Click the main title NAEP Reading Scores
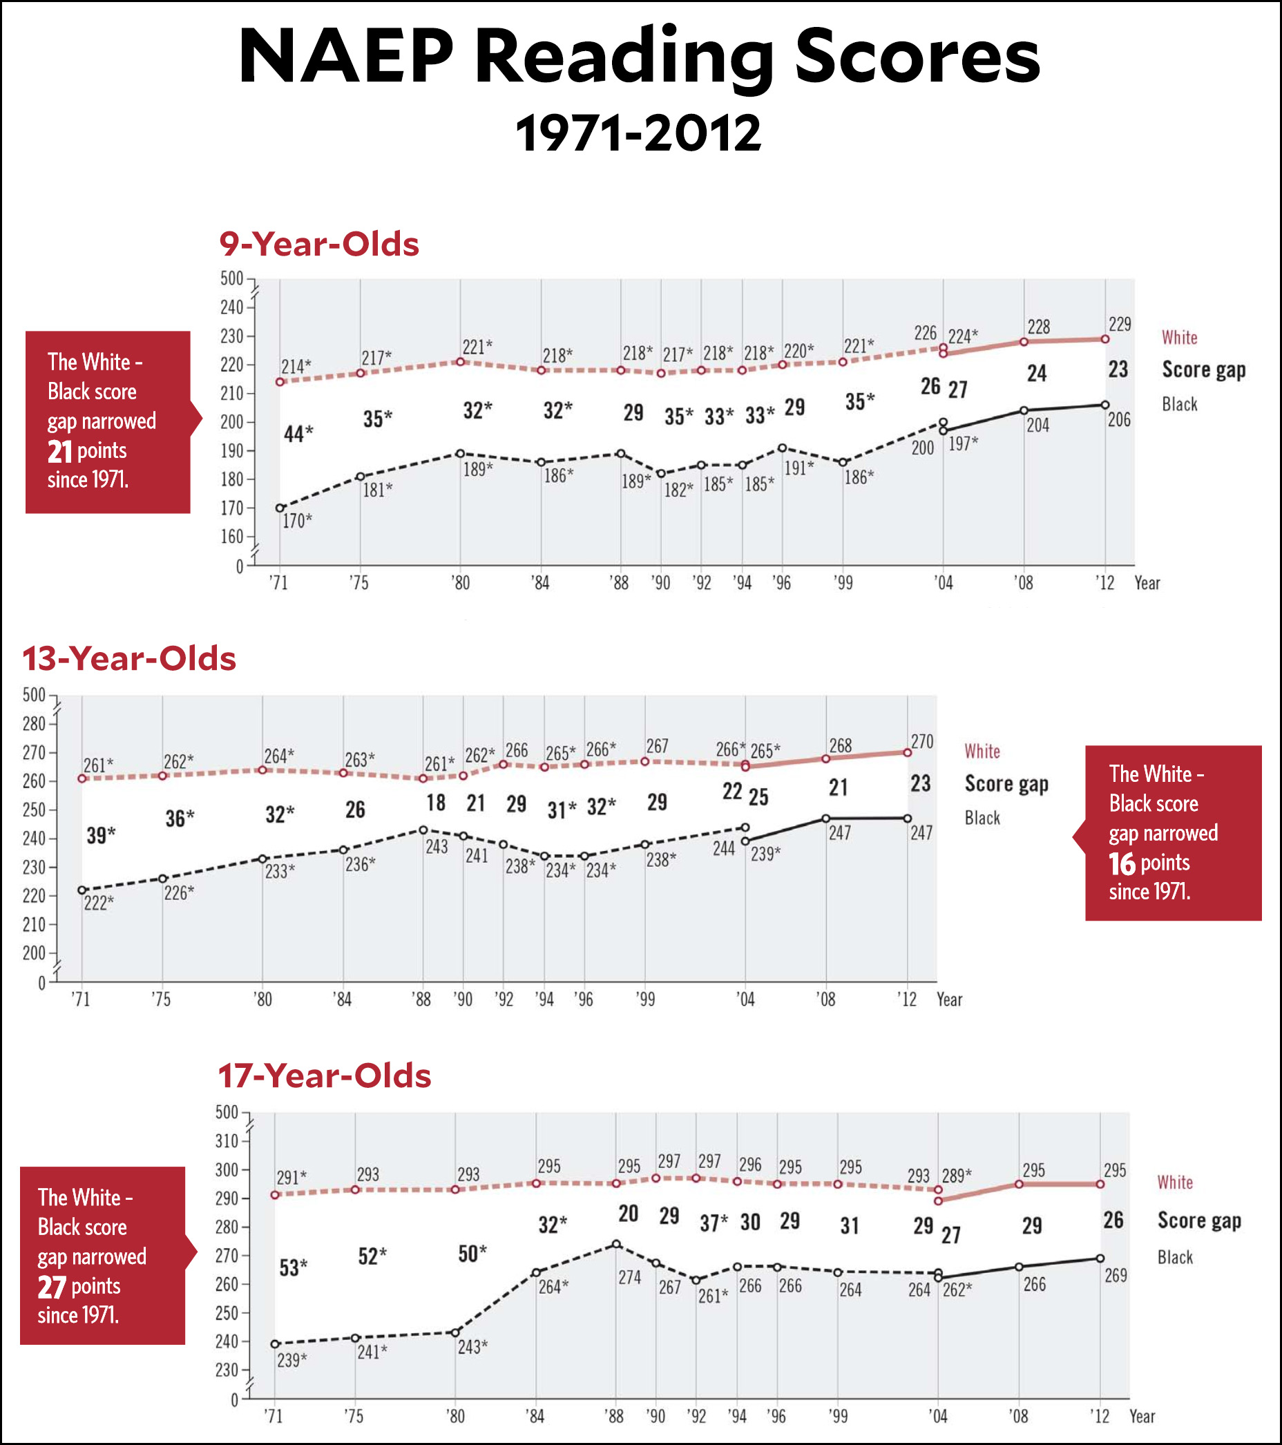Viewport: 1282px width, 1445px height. tap(639, 58)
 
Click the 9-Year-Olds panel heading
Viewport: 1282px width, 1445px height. tap(319, 244)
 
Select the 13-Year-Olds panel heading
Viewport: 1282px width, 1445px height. tap(129, 658)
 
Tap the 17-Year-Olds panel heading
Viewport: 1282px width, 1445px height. tap(324, 1075)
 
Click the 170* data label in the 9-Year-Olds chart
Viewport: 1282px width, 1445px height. tap(297, 521)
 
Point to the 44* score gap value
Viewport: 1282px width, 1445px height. tap(298, 433)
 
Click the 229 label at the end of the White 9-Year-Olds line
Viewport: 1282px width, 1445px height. tap(1120, 325)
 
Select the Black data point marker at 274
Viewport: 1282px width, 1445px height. tap(617, 1243)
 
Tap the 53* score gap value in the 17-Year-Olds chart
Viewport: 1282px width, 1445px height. tap(294, 1267)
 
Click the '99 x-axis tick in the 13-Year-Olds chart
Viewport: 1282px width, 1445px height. tap(645, 999)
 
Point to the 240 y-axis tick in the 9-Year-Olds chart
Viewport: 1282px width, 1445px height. tap(231, 307)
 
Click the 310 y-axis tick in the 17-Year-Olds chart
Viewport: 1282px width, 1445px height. tap(227, 1140)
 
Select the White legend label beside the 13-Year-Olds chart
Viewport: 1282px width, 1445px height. tap(982, 751)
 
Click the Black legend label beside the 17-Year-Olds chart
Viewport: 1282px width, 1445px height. tap(1174, 1257)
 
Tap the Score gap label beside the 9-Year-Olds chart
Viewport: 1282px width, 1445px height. tap(1203, 370)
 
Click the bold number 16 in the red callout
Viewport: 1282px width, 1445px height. tap(1122, 863)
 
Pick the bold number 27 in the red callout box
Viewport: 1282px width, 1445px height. tap(52, 1287)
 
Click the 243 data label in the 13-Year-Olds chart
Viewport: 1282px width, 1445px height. tap(437, 846)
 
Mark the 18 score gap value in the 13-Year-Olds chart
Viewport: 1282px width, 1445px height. tap(436, 803)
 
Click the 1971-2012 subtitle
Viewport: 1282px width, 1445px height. tap(638, 133)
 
